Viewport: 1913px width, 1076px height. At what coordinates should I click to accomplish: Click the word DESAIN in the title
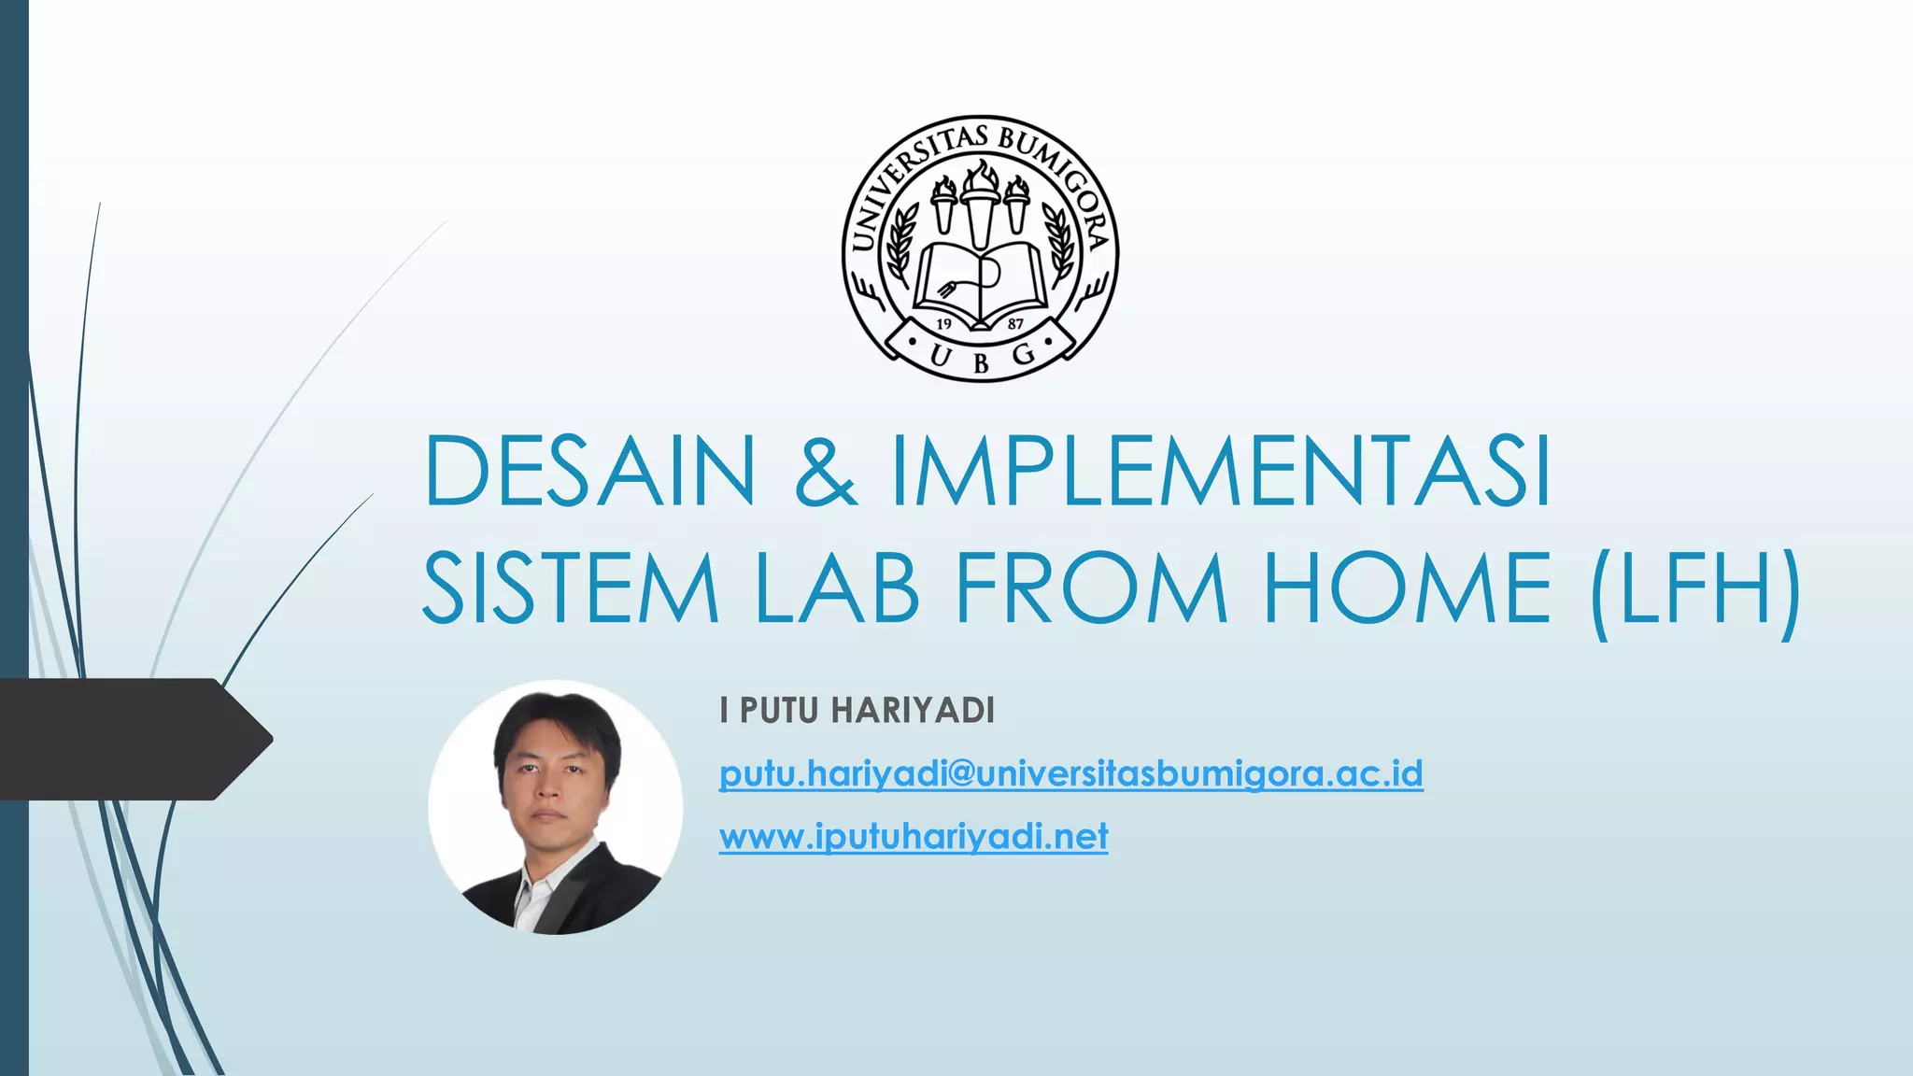(588, 471)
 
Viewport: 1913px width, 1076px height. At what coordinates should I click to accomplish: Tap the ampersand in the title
(825, 471)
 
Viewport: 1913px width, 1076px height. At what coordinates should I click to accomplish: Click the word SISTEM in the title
(571, 588)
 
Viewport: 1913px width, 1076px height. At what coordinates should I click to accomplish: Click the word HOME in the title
(1407, 588)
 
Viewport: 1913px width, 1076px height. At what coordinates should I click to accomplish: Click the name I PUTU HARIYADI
(857, 711)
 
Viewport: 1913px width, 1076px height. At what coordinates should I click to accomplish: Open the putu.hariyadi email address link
(1070, 774)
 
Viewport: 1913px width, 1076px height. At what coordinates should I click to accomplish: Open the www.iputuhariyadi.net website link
(913, 836)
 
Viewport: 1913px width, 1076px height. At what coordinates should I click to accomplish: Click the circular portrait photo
(556, 807)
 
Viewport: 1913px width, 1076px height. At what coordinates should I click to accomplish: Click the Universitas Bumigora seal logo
(980, 248)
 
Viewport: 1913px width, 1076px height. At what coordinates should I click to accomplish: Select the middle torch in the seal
(980, 201)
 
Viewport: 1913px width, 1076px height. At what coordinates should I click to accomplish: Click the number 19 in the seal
(943, 323)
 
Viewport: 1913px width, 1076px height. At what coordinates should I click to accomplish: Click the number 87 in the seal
(1015, 323)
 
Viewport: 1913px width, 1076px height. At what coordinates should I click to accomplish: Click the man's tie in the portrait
(545, 892)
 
